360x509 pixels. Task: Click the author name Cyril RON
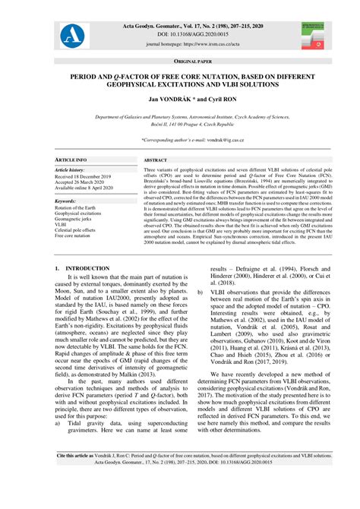198,100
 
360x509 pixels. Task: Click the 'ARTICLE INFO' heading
72,161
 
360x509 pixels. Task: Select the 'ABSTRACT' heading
156,161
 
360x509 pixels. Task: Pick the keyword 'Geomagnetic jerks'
76,220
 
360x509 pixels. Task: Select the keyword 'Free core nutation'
76,236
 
